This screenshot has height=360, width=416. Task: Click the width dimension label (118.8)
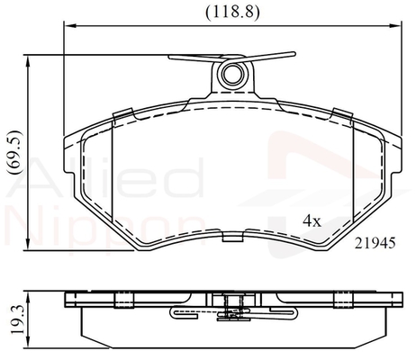(x=232, y=13)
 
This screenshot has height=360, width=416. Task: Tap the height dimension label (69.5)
(x=15, y=152)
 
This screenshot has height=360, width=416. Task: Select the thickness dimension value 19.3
(x=17, y=319)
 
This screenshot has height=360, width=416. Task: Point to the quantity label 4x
(x=312, y=221)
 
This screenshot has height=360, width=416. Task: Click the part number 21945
(x=375, y=243)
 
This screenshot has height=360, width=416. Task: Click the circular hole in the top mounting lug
(x=232, y=74)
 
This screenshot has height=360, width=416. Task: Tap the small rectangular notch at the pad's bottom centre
(x=232, y=237)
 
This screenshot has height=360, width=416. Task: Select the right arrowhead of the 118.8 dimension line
(x=395, y=26)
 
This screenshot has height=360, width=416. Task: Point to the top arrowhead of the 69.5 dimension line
(x=28, y=62)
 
